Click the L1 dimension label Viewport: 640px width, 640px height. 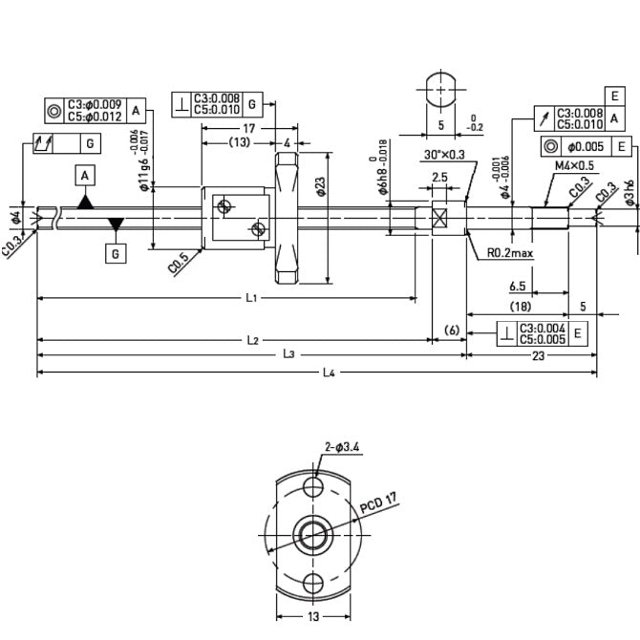250,298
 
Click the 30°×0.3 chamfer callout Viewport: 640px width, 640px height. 445,155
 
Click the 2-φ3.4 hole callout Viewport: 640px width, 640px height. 342,446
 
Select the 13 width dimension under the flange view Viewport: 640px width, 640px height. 313,616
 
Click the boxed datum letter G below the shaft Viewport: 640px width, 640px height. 116,254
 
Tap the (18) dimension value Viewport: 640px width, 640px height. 520,307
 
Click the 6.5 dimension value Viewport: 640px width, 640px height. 518,285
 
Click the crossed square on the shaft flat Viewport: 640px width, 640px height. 440,217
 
